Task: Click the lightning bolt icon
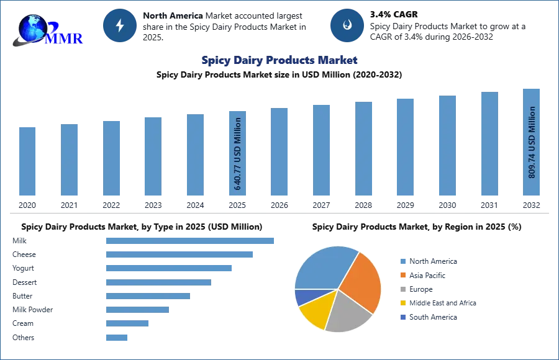coord(120,25)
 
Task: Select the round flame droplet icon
coord(347,25)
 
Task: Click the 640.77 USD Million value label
coord(237,153)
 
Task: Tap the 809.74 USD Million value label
coord(532,142)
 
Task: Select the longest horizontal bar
coord(190,240)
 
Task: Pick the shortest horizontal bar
coord(116,337)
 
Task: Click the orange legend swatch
coord(402,274)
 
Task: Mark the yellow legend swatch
coord(402,303)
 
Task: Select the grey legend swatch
coord(402,289)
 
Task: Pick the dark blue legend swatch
coord(402,317)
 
